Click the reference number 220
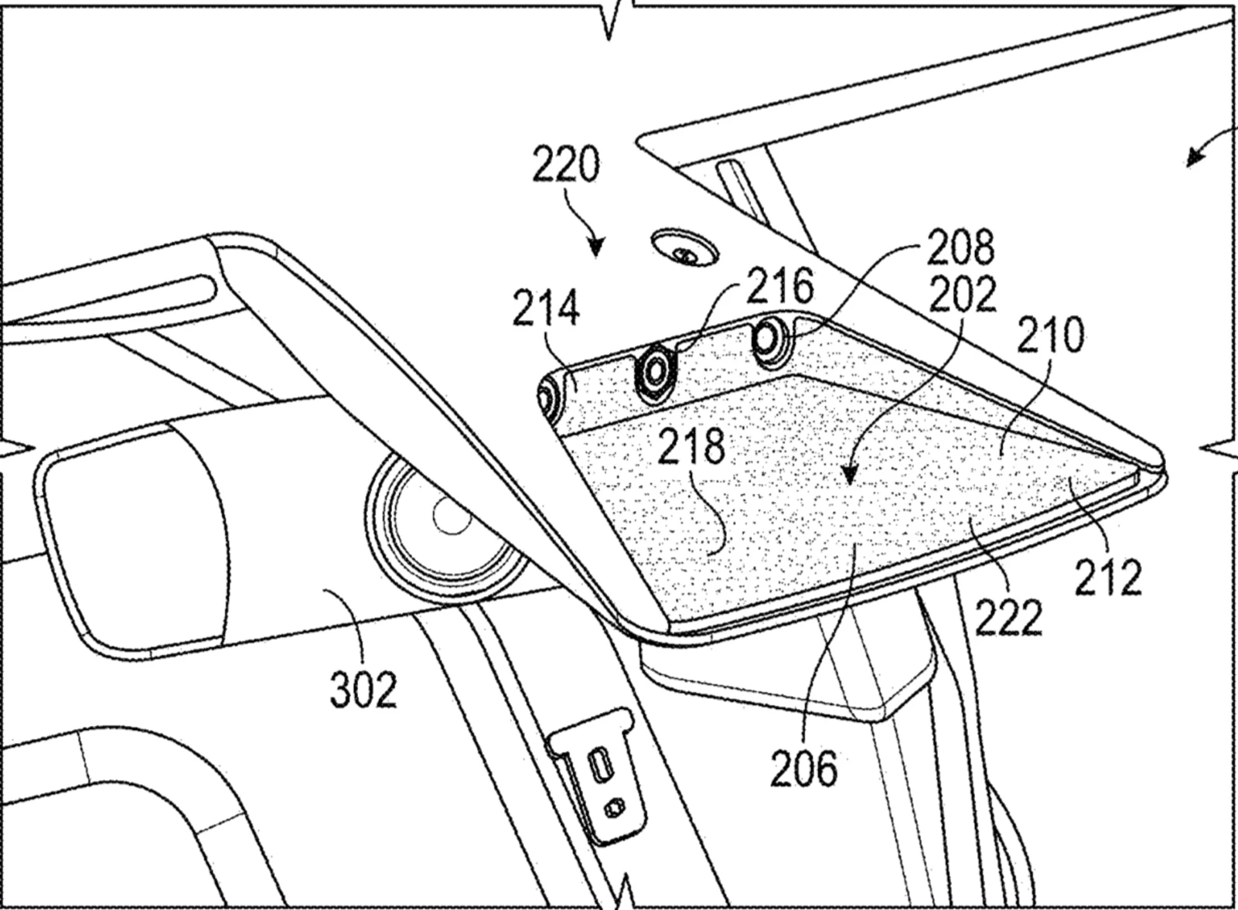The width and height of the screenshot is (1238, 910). (566, 165)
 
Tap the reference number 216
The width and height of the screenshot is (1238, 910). (779, 287)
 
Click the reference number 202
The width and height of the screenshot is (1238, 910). (962, 294)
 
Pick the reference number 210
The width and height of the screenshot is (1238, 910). (1050, 336)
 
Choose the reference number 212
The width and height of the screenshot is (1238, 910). (1108, 577)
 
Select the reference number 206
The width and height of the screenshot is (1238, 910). (803, 769)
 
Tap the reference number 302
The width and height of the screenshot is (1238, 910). (363, 689)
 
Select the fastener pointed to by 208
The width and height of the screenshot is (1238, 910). (769, 338)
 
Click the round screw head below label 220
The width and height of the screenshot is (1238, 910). (684, 250)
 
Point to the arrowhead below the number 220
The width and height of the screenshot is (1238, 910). (595, 249)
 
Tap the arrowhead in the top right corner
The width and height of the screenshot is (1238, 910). (1194, 160)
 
